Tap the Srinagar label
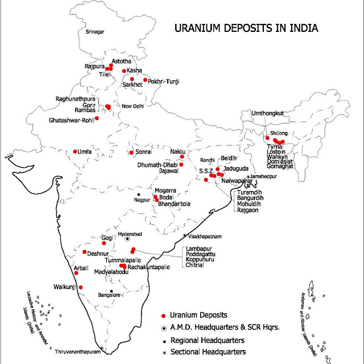[x=96, y=32]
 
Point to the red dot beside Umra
[x=76, y=151]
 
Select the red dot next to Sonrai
[x=132, y=152]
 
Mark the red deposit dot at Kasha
[x=123, y=71]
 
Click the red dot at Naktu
[x=182, y=156]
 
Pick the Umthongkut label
[x=270, y=114]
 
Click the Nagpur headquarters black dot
[x=139, y=195]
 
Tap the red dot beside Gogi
[x=104, y=243]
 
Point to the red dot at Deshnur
[x=85, y=252]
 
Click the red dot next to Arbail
[x=76, y=273]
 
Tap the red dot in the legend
[x=163, y=315]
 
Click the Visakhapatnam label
[x=206, y=235]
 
